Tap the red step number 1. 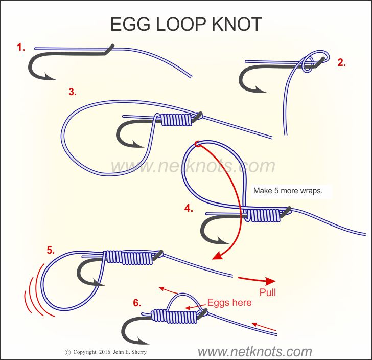[x=21, y=48]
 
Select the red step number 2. [x=341, y=63]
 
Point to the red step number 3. [x=73, y=92]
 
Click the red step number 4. [x=189, y=208]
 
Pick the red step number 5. [x=50, y=250]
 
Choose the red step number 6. [x=137, y=303]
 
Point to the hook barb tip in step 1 [x=53, y=78]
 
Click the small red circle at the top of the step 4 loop [x=197, y=145]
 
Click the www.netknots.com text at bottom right [x=254, y=352]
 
